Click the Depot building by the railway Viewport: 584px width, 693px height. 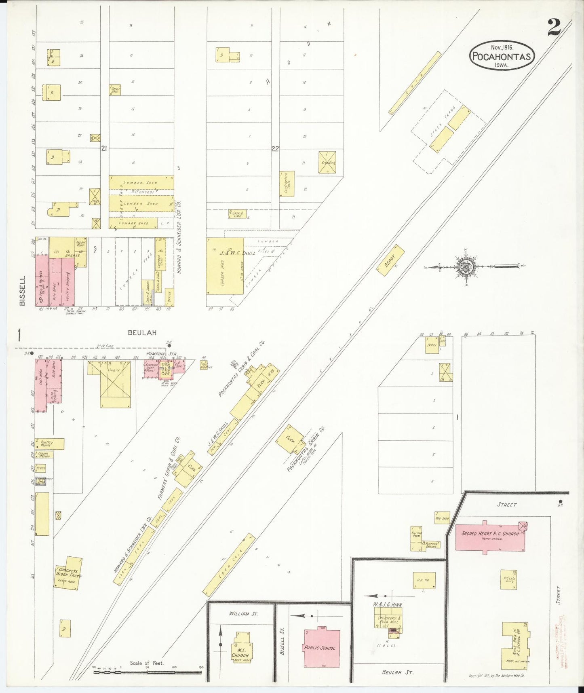click(391, 261)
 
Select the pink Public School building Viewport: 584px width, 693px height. click(322, 648)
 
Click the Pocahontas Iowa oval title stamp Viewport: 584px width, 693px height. click(501, 56)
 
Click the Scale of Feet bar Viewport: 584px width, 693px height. click(148, 673)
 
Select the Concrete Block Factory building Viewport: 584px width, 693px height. click(68, 573)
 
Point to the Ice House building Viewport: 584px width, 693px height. click(424, 581)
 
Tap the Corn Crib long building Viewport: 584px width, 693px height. click(229, 564)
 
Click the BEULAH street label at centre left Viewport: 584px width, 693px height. click(142, 333)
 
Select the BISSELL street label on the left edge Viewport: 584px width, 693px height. click(22, 290)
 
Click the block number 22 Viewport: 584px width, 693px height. click(275, 149)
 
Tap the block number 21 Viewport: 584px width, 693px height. click(104, 149)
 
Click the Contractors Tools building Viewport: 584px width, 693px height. click(287, 184)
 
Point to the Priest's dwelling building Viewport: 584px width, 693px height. click(509, 579)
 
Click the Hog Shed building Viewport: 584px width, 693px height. click(442, 518)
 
